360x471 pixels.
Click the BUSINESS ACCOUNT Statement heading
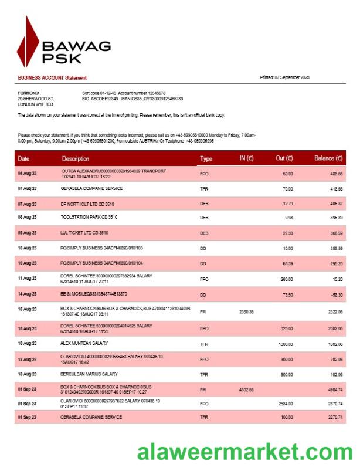tap(52, 78)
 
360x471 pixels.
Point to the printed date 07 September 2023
tap(284, 78)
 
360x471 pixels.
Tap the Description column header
tap(76, 158)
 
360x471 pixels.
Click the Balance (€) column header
tap(328, 158)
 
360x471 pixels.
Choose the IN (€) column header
tap(246, 158)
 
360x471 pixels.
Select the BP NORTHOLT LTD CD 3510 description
tap(89, 204)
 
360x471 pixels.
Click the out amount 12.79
tap(287, 204)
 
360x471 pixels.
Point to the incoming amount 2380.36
tap(246, 311)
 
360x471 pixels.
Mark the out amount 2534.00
tap(284, 404)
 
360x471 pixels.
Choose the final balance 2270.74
tap(335, 418)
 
